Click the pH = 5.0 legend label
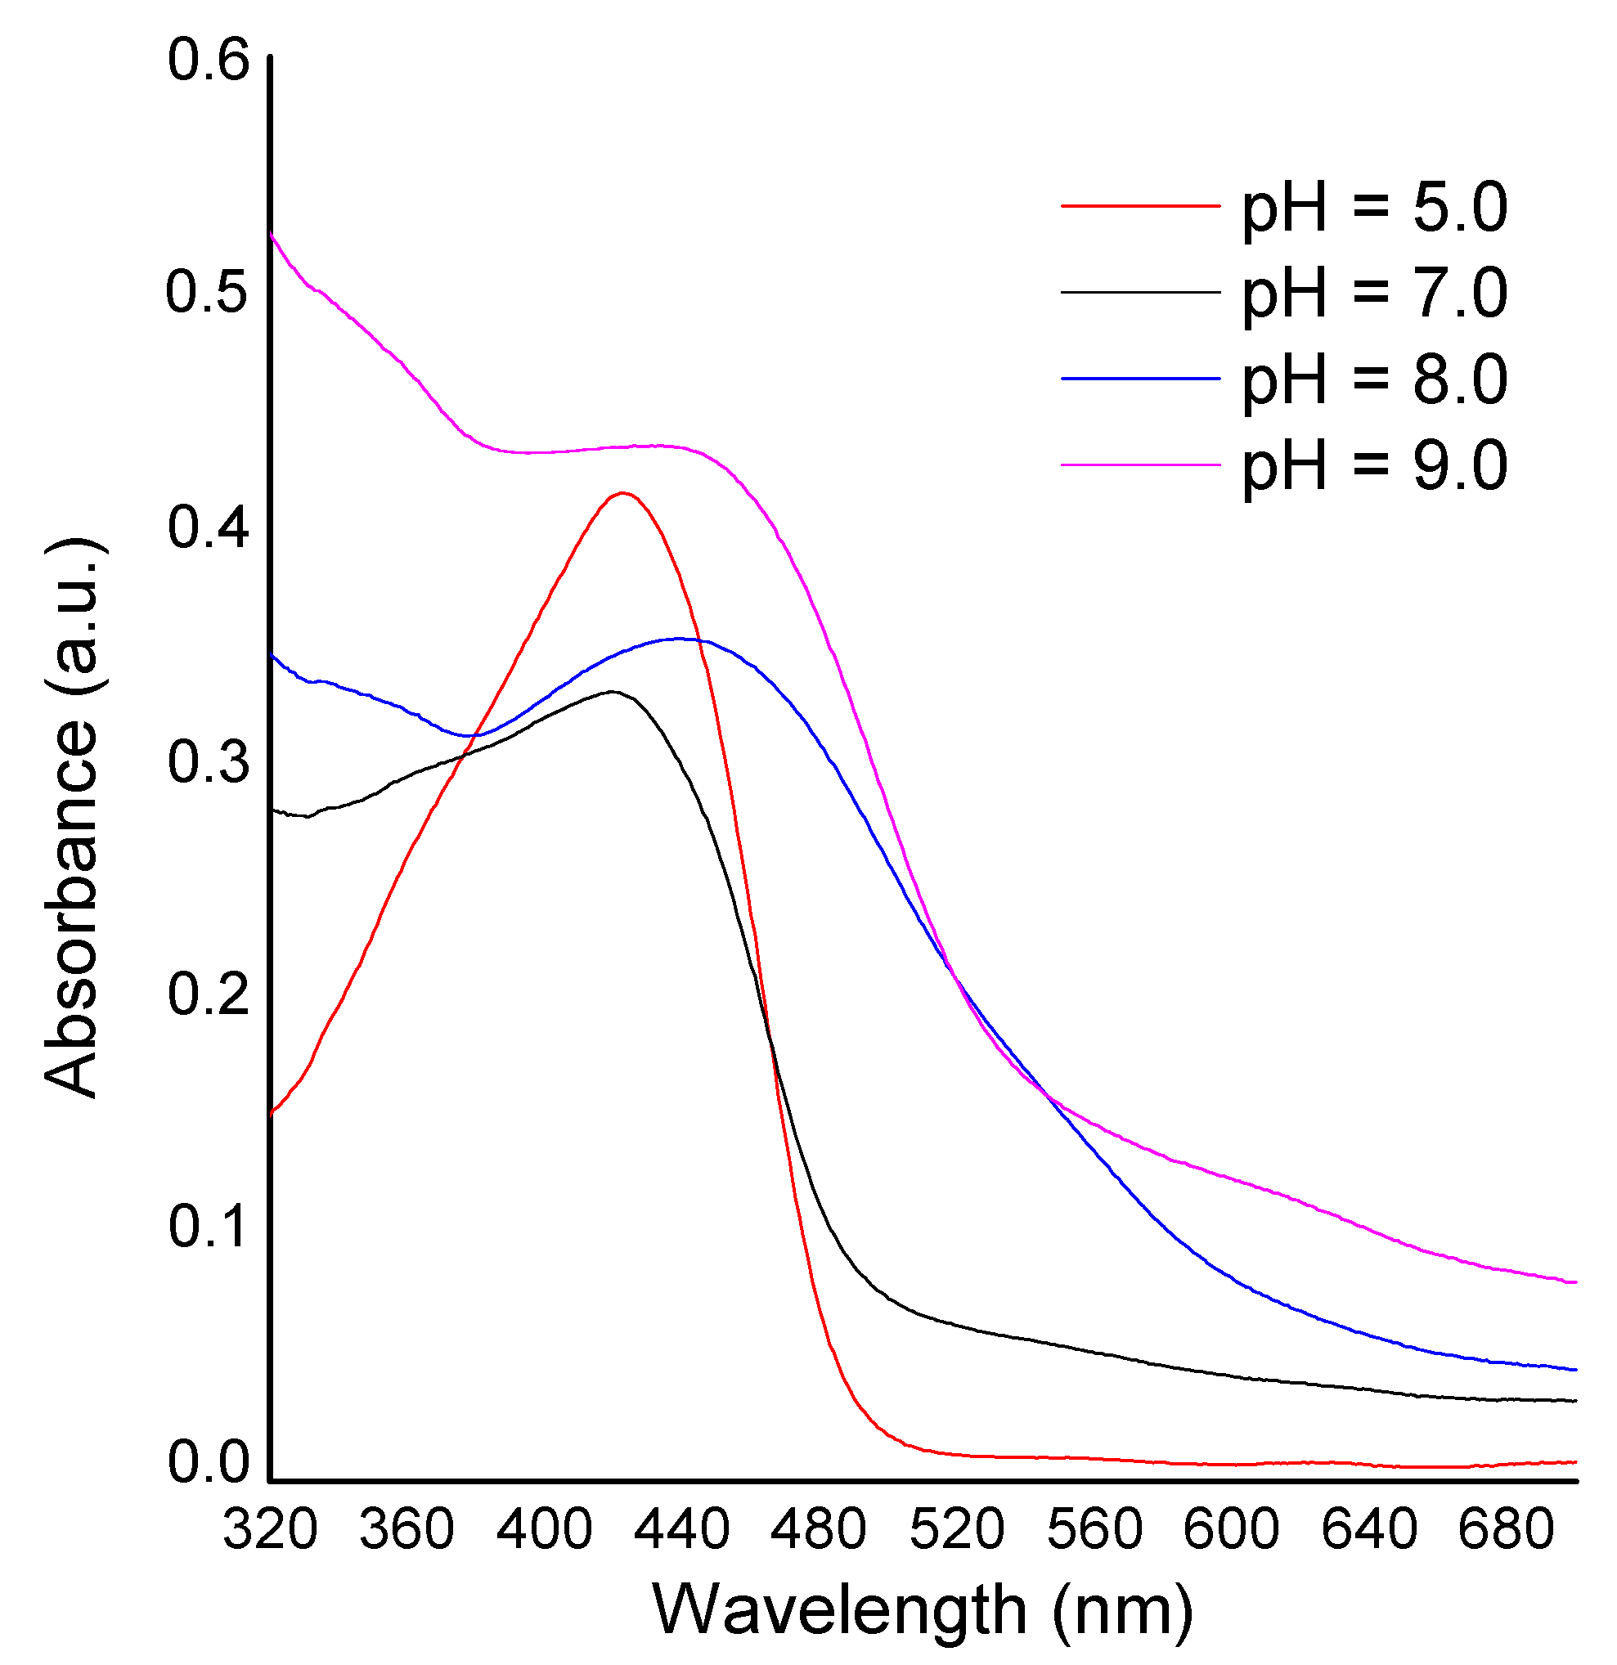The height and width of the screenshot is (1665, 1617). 1374,208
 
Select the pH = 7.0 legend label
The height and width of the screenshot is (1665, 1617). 1374,294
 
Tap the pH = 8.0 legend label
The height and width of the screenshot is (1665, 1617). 1374,379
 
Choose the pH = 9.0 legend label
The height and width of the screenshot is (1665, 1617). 1374,465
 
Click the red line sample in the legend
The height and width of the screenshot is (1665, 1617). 1140,205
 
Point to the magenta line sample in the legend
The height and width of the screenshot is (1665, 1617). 1140,464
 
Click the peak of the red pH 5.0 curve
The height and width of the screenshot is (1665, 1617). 623,492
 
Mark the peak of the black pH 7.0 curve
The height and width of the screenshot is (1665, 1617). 612,692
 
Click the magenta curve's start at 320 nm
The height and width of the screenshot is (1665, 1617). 271,233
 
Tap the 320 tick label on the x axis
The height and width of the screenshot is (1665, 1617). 270,1530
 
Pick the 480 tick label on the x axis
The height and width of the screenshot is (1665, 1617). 819,1530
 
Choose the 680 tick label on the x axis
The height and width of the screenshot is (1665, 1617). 1507,1530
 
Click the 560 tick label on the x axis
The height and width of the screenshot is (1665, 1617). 1094,1530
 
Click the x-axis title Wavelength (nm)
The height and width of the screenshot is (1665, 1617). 923,1611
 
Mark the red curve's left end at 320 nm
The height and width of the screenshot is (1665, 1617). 271,1113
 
